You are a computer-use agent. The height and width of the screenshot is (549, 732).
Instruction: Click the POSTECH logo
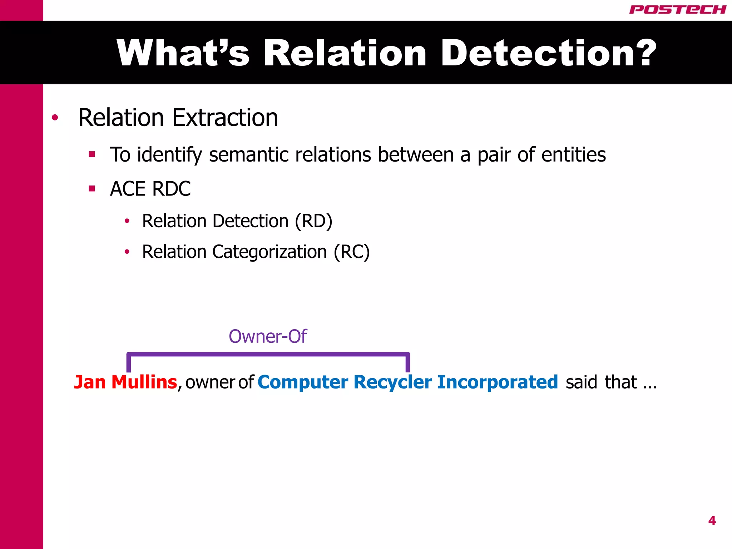pos(677,10)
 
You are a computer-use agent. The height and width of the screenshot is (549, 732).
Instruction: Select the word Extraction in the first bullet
pos(225,118)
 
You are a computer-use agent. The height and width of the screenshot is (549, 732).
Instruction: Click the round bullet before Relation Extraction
pos(55,118)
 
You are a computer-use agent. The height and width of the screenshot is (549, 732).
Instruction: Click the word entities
pos(573,155)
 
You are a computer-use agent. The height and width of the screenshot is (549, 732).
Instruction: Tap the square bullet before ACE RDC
pos(92,188)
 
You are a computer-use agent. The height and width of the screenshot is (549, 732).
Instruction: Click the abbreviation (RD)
pos(313,221)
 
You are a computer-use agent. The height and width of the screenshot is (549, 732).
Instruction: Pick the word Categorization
pos(270,252)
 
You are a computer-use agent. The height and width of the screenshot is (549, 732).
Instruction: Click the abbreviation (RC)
pos(351,252)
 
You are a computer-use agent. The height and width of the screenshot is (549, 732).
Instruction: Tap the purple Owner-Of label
pos(267,336)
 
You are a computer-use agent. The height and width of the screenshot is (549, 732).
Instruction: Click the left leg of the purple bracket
pos(129,363)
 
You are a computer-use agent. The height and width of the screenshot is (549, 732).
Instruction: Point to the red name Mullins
pos(144,382)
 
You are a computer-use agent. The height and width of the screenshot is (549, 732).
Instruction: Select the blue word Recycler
pos(392,382)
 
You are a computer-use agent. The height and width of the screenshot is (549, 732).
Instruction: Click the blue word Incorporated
pos(497,382)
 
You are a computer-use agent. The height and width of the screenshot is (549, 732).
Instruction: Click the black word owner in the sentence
pos(209,382)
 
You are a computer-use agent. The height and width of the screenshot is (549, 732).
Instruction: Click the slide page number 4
pos(712,521)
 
